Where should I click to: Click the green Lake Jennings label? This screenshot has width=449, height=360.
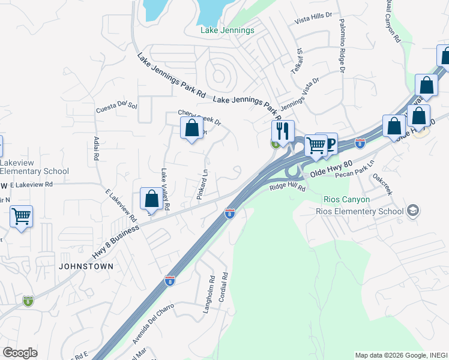[x=228, y=30]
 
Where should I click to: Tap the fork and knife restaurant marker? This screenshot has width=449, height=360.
[x=282, y=130]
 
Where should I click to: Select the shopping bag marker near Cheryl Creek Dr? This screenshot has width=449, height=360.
[x=191, y=128]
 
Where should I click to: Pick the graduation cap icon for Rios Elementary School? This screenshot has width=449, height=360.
[x=412, y=211]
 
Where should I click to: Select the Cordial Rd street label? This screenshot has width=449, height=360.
[x=223, y=287]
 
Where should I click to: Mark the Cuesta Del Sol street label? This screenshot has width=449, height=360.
[x=116, y=107]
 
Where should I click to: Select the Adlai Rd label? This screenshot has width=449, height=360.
[x=96, y=148]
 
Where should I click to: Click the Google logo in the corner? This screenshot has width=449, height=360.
[x=20, y=353]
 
